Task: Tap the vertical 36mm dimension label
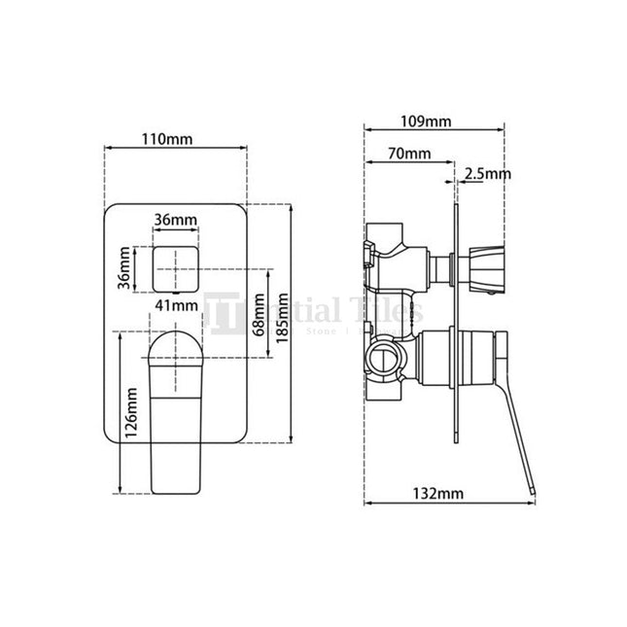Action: point(124,268)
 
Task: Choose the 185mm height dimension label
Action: point(282,317)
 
